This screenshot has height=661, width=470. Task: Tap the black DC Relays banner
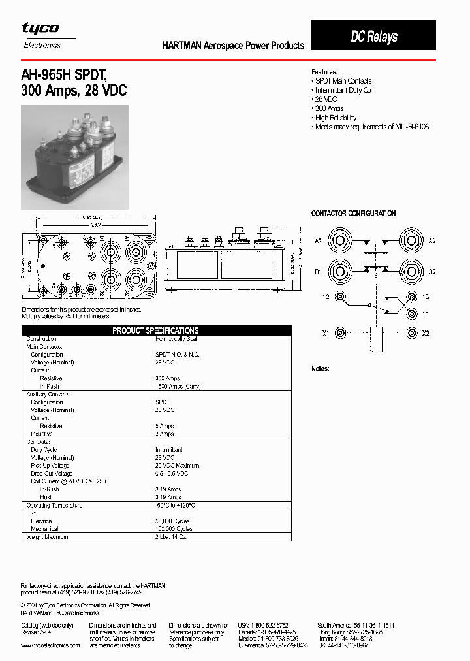pyautogui.click(x=373, y=36)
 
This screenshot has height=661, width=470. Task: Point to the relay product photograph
pyautogui.click(x=75, y=157)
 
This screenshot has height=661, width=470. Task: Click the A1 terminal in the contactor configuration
pyautogui.click(x=341, y=241)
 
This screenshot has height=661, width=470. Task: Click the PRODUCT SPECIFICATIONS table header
pyautogui.click(x=155, y=330)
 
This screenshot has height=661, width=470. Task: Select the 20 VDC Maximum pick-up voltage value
pyautogui.click(x=177, y=466)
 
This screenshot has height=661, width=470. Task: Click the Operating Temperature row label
pyautogui.click(x=54, y=506)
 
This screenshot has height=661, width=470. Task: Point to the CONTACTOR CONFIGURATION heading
pyautogui.click(x=353, y=214)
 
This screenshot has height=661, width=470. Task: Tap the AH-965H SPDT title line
pyautogui.click(x=69, y=75)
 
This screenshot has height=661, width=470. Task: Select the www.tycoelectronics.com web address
pyautogui.click(x=50, y=645)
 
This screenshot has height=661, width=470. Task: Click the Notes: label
pyautogui.click(x=320, y=369)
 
